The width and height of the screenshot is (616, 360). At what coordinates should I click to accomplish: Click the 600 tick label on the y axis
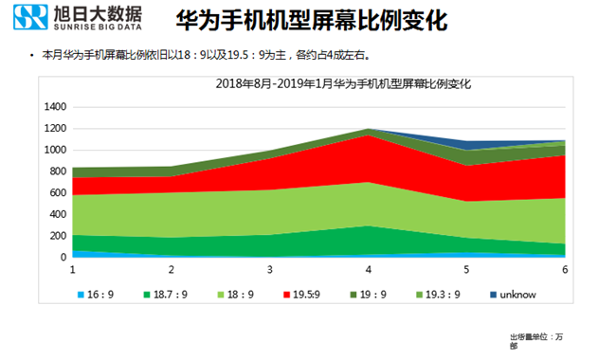click(x=58, y=192)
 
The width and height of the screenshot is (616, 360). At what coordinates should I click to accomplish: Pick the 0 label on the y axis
click(x=63, y=257)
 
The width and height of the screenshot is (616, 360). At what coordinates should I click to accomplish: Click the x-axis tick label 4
click(x=368, y=270)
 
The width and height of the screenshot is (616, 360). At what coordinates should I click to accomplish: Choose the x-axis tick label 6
click(x=565, y=270)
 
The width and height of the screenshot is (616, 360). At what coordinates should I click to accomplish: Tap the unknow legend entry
click(x=513, y=295)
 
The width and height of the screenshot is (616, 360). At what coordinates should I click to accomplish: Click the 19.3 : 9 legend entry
click(x=441, y=295)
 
